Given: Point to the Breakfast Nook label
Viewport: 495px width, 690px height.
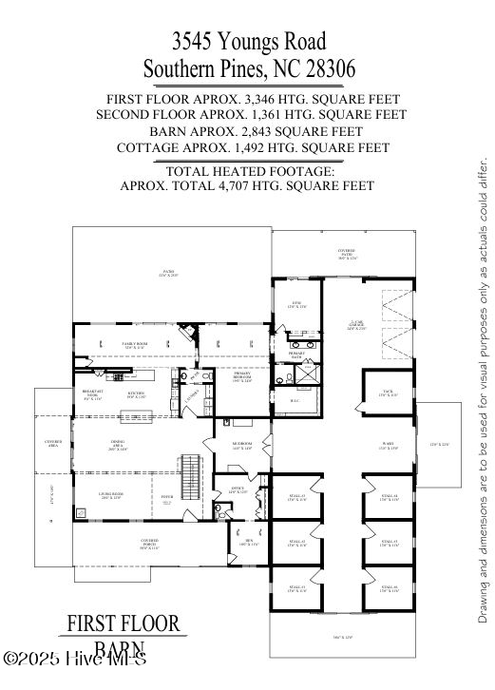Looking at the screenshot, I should tap(92, 394).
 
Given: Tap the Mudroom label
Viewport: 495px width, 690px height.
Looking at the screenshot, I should tap(241, 446).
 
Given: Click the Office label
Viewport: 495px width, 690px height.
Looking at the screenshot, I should tap(238, 490).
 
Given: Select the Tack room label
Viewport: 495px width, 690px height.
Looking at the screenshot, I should tap(387, 393).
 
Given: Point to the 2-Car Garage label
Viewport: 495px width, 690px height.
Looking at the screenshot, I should tap(356, 327).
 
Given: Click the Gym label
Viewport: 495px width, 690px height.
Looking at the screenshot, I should tap(295, 304).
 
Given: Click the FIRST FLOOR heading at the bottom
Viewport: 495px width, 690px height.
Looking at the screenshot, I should tap(124, 624).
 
